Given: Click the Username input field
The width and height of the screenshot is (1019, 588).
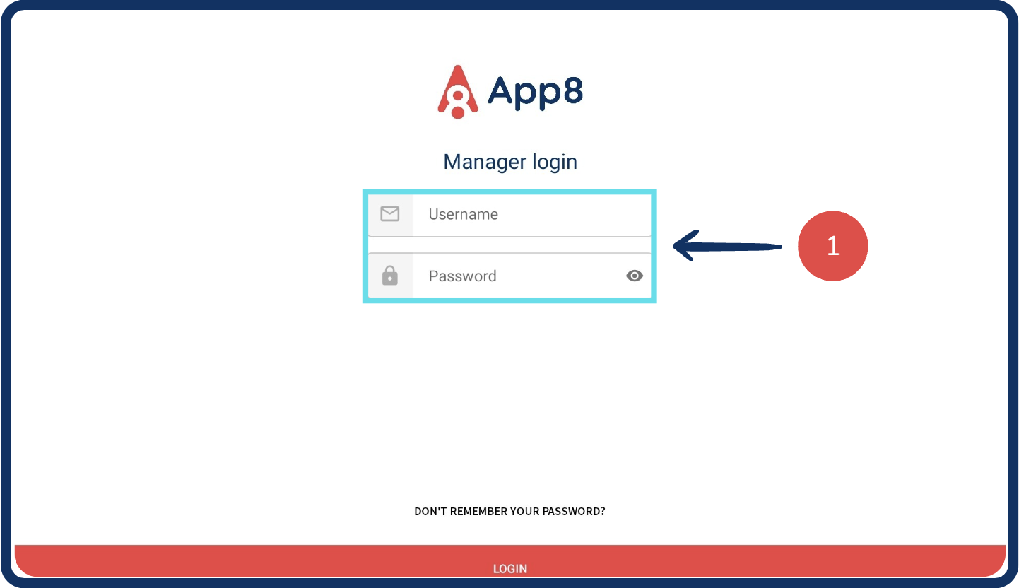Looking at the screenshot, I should [530, 214].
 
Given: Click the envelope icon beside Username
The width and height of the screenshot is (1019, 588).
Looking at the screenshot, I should [390, 213].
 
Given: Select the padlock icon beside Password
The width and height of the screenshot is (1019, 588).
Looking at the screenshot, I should [390, 276].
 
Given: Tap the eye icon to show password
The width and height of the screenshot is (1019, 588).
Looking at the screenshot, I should [635, 276].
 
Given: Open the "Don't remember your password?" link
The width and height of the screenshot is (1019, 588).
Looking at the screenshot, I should [509, 511].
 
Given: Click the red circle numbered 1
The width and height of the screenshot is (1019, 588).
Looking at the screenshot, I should [832, 246].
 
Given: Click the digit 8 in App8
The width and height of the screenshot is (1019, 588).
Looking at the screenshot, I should [569, 90].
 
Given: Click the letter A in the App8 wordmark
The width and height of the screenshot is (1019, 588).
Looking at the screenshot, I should [500, 90].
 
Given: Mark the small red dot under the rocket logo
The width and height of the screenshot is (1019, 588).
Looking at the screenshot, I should [458, 112].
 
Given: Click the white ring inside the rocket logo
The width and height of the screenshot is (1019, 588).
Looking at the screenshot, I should [458, 95].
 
